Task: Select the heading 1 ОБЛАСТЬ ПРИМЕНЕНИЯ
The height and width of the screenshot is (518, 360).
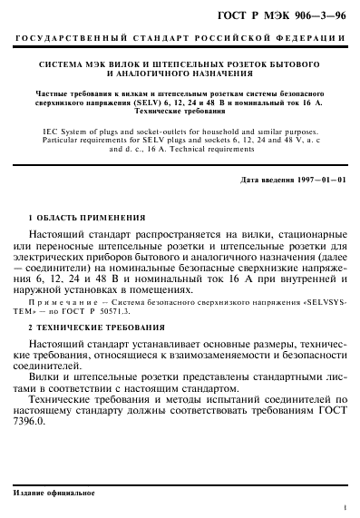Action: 87,219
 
